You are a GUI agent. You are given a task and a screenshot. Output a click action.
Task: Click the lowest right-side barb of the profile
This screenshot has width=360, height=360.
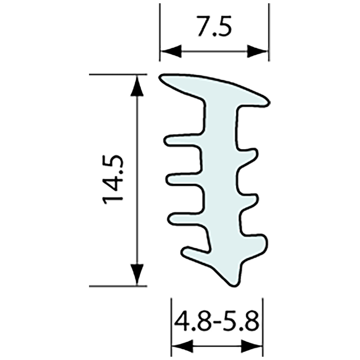pos(263,242)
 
